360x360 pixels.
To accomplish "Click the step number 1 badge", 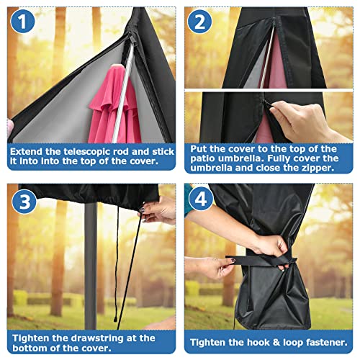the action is coord(22,22).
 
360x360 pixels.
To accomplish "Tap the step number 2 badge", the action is coord(199,22).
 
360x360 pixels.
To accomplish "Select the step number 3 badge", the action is coord(24,201).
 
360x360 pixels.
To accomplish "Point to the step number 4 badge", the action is coord(201,199).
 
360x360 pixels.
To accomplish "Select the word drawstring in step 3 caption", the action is coord(98,338).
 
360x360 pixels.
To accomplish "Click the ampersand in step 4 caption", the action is coord(276,342).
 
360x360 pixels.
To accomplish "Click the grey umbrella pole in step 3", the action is coord(91,265).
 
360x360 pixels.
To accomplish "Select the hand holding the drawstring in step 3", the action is coord(158,210).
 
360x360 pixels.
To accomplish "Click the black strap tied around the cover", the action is coord(261,261).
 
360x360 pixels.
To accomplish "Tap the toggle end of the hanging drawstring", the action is coord(115,319).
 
